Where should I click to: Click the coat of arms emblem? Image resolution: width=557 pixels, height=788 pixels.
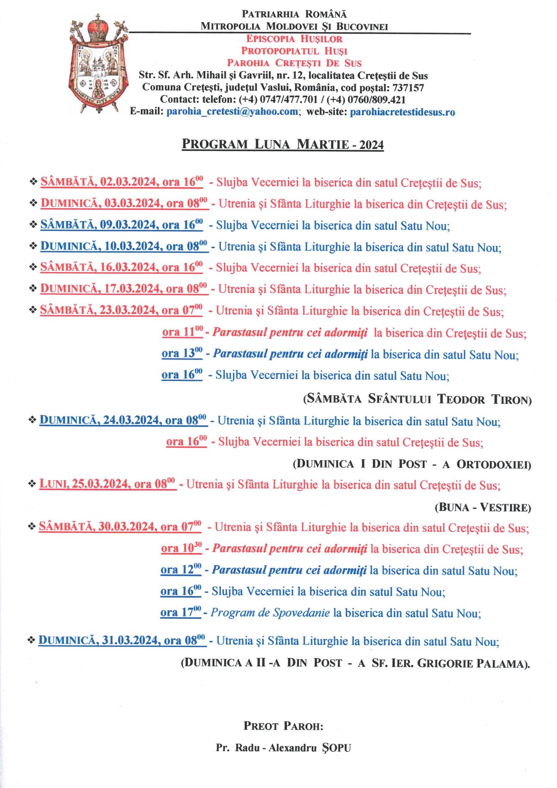click(x=98, y=64)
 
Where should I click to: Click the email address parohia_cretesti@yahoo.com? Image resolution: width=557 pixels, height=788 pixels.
click(x=232, y=112)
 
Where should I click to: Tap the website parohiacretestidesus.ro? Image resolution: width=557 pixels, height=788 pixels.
click(x=402, y=112)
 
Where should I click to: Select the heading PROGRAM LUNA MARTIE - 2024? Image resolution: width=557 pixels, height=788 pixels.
click(x=283, y=144)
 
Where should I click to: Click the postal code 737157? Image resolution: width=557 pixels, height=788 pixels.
click(x=408, y=87)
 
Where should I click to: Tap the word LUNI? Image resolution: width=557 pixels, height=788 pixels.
click(x=53, y=484)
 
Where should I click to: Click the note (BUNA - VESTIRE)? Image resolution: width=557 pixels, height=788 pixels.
click(x=483, y=507)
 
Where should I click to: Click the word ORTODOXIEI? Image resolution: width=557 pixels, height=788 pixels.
click(x=493, y=464)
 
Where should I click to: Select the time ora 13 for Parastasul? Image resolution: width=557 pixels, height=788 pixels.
click(x=182, y=353)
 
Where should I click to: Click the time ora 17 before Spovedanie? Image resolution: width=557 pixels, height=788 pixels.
click(x=180, y=613)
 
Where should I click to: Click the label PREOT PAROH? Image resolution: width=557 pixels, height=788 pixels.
click(x=283, y=726)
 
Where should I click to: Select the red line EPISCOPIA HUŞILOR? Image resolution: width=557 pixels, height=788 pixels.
click(x=294, y=39)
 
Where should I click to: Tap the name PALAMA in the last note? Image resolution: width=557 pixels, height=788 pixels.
click(x=503, y=663)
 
